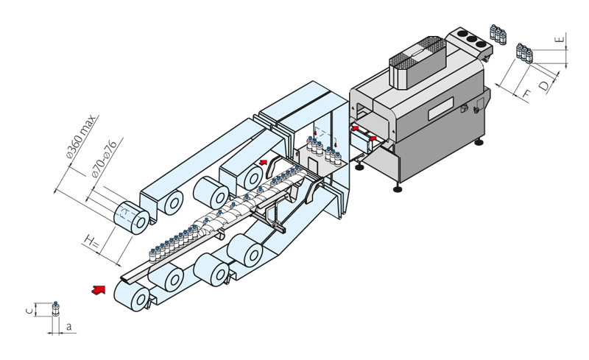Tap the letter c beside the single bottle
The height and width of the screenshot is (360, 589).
pyautogui.click(x=29, y=311)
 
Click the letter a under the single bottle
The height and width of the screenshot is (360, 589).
pyautogui.click(x=68, y=325)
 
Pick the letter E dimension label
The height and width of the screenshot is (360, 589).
pyautogui.click(x=560, y=39)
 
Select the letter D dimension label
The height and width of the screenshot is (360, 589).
pyautogui.click(x=544, y=85)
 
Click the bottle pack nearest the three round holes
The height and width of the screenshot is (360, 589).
pyautogui.click(x=498, y=33)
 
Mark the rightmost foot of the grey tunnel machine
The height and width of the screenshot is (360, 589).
pyautogui.click(x=483, y=143)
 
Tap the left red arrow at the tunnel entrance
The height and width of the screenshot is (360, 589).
pyautogui.click(x=355, y=128)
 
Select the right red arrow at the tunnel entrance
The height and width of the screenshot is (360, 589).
pyautogui.click(x=373, y=136)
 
